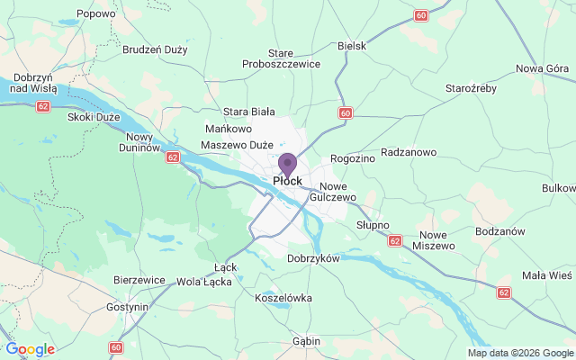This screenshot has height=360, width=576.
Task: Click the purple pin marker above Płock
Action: (x=287, y=164)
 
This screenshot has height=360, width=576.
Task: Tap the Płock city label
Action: (x=287, y=181)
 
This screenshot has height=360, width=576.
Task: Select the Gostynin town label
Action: (x=125, y=307)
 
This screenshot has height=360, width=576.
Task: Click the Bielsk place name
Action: (x=352, y=45)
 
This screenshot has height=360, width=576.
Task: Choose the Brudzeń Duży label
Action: (x=154, y=49)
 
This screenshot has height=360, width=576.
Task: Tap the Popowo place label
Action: (x=96, y=13)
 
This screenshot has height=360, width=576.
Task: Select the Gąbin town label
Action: (x=307, y=341)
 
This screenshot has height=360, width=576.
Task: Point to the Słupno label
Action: (x=372, y=224)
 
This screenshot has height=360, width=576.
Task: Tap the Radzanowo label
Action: (x=409, y=152)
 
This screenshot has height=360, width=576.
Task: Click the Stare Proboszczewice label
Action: (x=281, y=58)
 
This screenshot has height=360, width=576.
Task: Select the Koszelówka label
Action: (x=283, y=297)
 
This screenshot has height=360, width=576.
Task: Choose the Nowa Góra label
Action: (x=544, y=69)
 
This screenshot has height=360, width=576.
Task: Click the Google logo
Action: (x=29, y=349)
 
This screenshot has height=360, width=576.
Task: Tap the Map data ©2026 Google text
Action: (x=519, y=353)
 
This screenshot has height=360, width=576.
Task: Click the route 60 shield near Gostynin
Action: (x=116, y=347)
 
